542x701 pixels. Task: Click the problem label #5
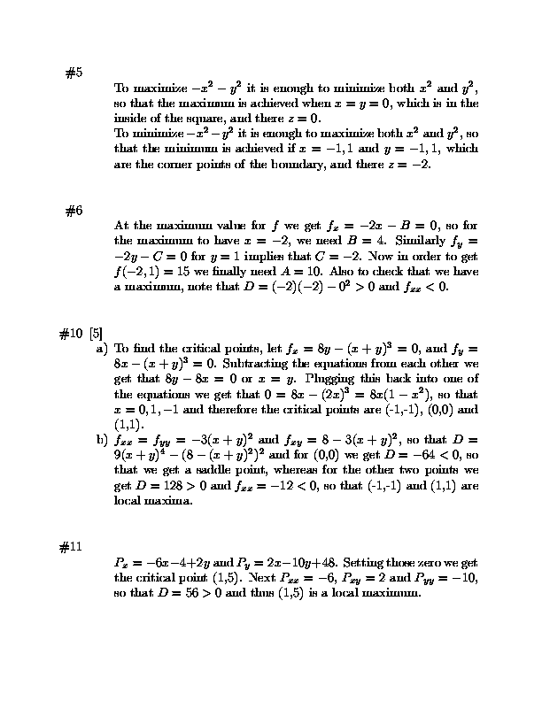(x=74, y=73)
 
